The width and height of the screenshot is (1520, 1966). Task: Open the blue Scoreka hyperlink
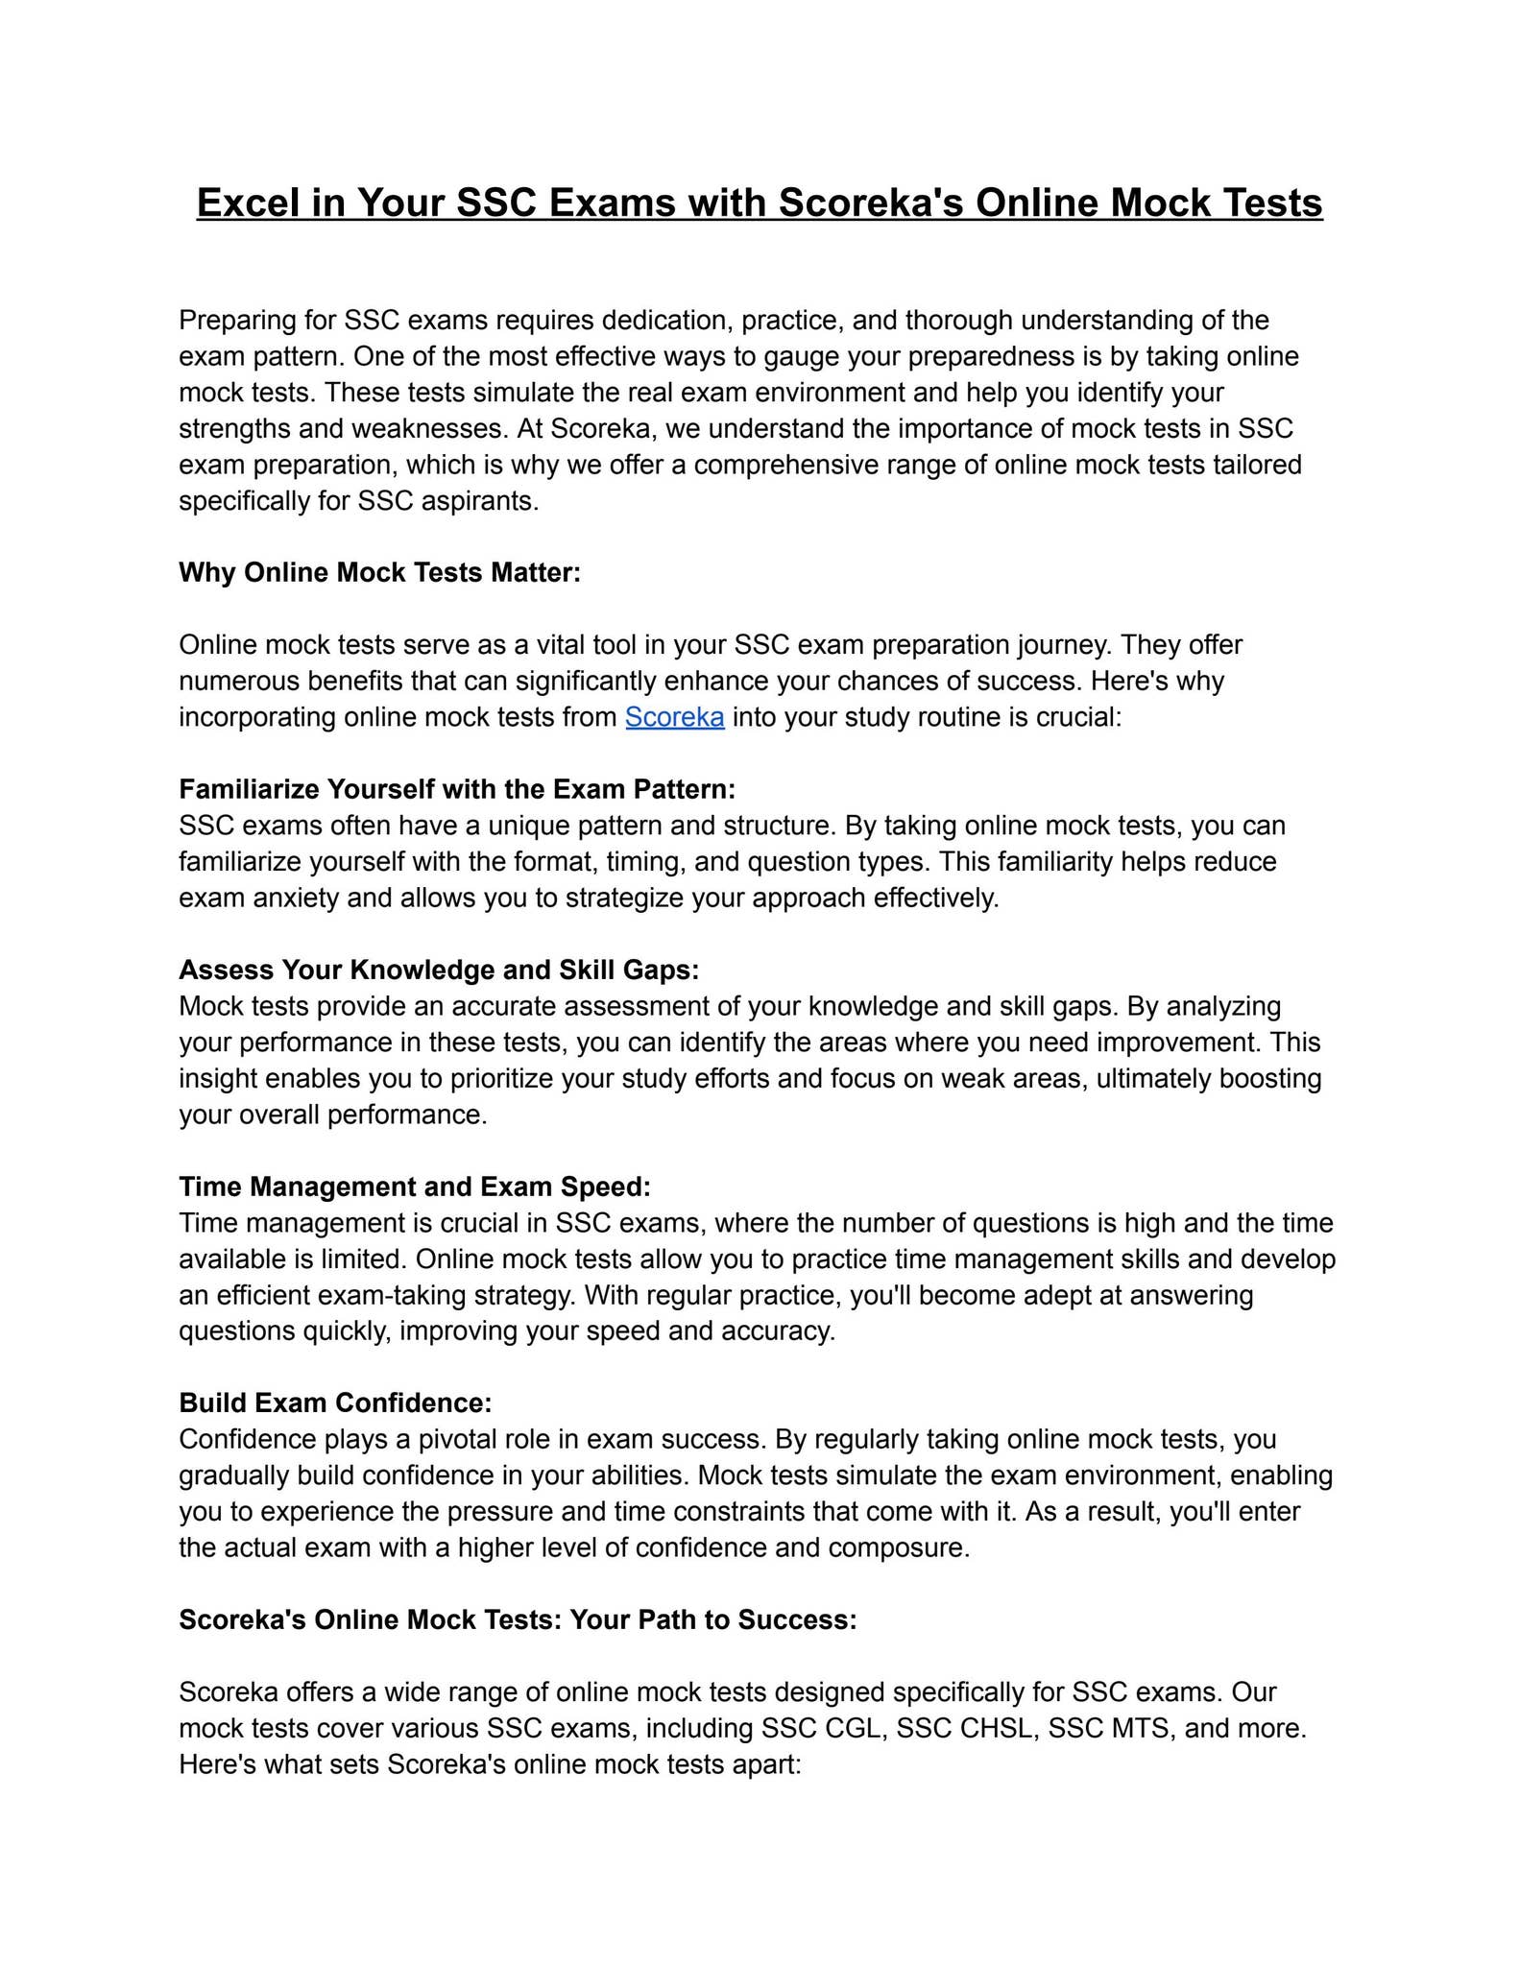pyautogui.click(x=674, y=717)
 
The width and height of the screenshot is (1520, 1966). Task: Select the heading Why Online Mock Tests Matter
pyautogui.click(x=379, y=573)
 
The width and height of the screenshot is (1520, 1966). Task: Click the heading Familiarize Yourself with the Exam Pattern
pyautogui.click(x=457, y=789)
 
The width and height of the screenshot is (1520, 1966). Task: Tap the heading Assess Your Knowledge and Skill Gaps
pyautogui.click(x=439, y=970)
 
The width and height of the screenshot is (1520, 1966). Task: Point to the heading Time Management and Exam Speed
pyautogui.click(x=415, y=1187)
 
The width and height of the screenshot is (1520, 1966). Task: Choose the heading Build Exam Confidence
pyautogui.click(x=335, y=1403)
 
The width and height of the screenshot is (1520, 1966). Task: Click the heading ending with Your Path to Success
pyautogui.click(x=518, y=1619)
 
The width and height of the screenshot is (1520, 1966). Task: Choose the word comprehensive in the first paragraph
pyautogui.click(x=784, y=466)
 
